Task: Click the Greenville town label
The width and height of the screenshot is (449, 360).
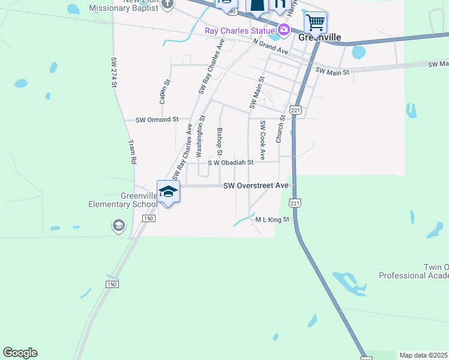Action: (320, 37)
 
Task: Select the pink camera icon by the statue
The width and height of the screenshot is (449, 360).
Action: (283, 29)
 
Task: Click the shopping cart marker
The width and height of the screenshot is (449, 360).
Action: (315, 23)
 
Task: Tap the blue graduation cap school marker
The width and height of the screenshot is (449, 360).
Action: (169, 192)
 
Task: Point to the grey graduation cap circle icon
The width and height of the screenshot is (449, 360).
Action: (118, 226)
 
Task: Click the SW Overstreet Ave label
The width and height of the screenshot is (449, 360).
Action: (256, 186)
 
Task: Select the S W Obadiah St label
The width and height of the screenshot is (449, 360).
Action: (231, 162)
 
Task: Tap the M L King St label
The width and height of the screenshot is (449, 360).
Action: (273, 220)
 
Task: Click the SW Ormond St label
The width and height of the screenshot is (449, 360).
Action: (157, 120)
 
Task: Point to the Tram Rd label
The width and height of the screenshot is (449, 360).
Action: (133, 152)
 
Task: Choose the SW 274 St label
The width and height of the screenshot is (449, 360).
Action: (113, 73)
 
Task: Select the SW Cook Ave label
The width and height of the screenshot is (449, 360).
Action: (262, 140)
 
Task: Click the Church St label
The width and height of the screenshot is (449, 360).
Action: (280, 130)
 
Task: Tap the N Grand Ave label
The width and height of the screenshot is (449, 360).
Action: (271, 47)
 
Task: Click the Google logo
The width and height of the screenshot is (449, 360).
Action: (20, 353)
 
